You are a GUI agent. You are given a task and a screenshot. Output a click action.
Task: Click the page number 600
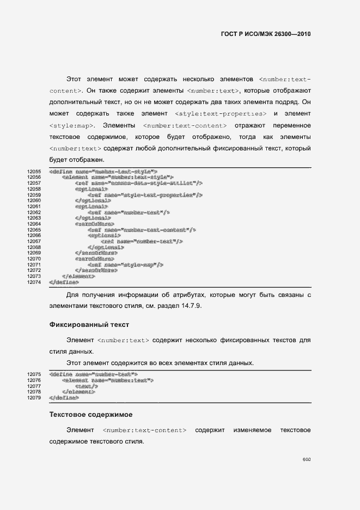coord(307,460)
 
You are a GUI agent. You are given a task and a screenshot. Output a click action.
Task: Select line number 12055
coord(34,172)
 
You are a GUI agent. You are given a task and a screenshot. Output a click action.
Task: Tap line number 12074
coord(34,283)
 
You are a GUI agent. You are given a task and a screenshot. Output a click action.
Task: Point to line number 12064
coord(34,224)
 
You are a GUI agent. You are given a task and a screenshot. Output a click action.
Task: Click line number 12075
coord(34,374)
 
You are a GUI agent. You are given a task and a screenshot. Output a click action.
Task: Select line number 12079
coord(34,398)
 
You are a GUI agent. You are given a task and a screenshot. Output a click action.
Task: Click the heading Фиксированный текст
coord(89,325)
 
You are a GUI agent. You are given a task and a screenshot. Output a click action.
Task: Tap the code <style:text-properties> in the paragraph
coord(222,113)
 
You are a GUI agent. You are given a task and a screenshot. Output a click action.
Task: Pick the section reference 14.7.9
coord(191,306)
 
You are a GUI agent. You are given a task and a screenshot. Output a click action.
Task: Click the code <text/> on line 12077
coord(82,386)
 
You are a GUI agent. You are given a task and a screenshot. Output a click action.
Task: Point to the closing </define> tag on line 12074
coord(64,283)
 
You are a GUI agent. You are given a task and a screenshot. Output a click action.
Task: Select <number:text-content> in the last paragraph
coord(144,430)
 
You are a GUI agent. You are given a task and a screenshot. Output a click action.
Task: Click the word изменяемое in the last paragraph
coord(252,430)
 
